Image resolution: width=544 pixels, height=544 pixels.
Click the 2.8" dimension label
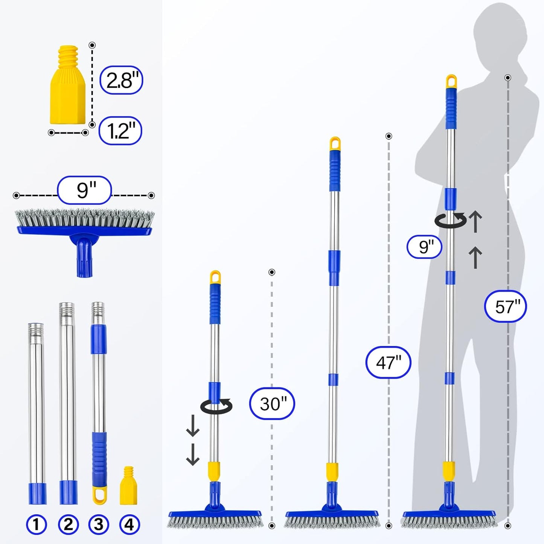coord(121,80)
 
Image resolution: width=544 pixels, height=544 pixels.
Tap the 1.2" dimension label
coord(120,131)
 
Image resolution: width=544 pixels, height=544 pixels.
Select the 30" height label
coord(272,404)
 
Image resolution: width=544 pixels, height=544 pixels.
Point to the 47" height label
coord(388,362)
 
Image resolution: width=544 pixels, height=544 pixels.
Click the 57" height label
coord(505,306)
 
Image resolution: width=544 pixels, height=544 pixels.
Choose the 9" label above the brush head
coord(84,190)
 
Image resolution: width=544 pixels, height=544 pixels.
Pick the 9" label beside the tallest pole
coord(424,247)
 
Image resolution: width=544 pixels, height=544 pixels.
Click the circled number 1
coord(37,524)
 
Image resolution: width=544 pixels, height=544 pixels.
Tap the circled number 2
coord(68,524)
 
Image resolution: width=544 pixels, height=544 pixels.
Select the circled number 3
coord(99,524)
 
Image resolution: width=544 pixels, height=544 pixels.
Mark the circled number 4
coord(129,524)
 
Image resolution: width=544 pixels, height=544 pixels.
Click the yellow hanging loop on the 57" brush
coord(451,82)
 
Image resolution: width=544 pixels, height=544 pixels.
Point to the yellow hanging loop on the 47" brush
coord(335,144)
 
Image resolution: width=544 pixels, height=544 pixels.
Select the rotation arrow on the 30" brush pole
coord(216,406)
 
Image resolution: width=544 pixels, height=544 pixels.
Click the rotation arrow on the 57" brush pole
coord(450,220)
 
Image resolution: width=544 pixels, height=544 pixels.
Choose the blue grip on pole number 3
coord(99,459)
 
